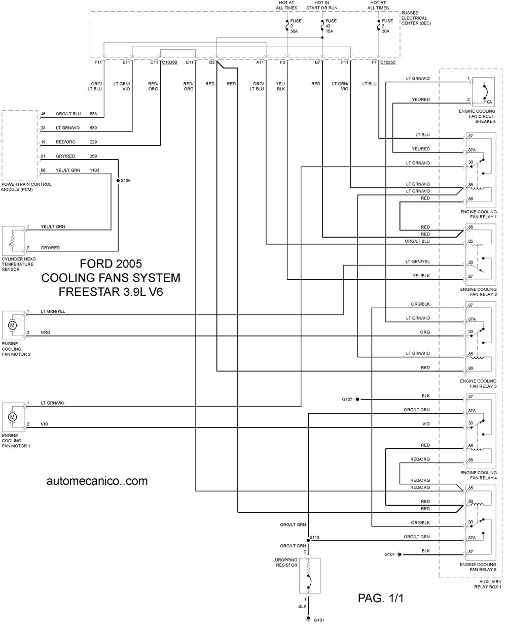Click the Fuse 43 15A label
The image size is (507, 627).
click(x=331, y=26)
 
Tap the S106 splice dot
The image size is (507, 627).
click(x=118, y=180)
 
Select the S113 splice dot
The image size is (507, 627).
click(x=308, y=541)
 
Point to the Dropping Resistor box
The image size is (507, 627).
click(x=310, y=576)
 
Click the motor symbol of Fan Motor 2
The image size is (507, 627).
click(x=12, y=325)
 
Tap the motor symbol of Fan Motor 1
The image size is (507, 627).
click(x=12, y=417)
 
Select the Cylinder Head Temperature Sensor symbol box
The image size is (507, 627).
click(x=13, y=241)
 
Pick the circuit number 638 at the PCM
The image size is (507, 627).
click(x=93, y=114)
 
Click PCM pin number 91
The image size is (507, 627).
click(x=43, y=156)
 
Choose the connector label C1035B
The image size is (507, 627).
click(x=169, y=62)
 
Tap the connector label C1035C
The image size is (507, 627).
click(x=388, y=62)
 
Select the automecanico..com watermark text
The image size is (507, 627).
click(x=97, y=481)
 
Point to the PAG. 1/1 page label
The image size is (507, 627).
click(x=381, y=598)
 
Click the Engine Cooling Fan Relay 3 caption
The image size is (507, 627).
click(x=479, y=383)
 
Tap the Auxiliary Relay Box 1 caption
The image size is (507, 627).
click(x=488, y=584)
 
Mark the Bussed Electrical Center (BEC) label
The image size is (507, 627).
click(x=416, y=18)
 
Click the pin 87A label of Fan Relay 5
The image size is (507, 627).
click(x=472, y=538)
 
